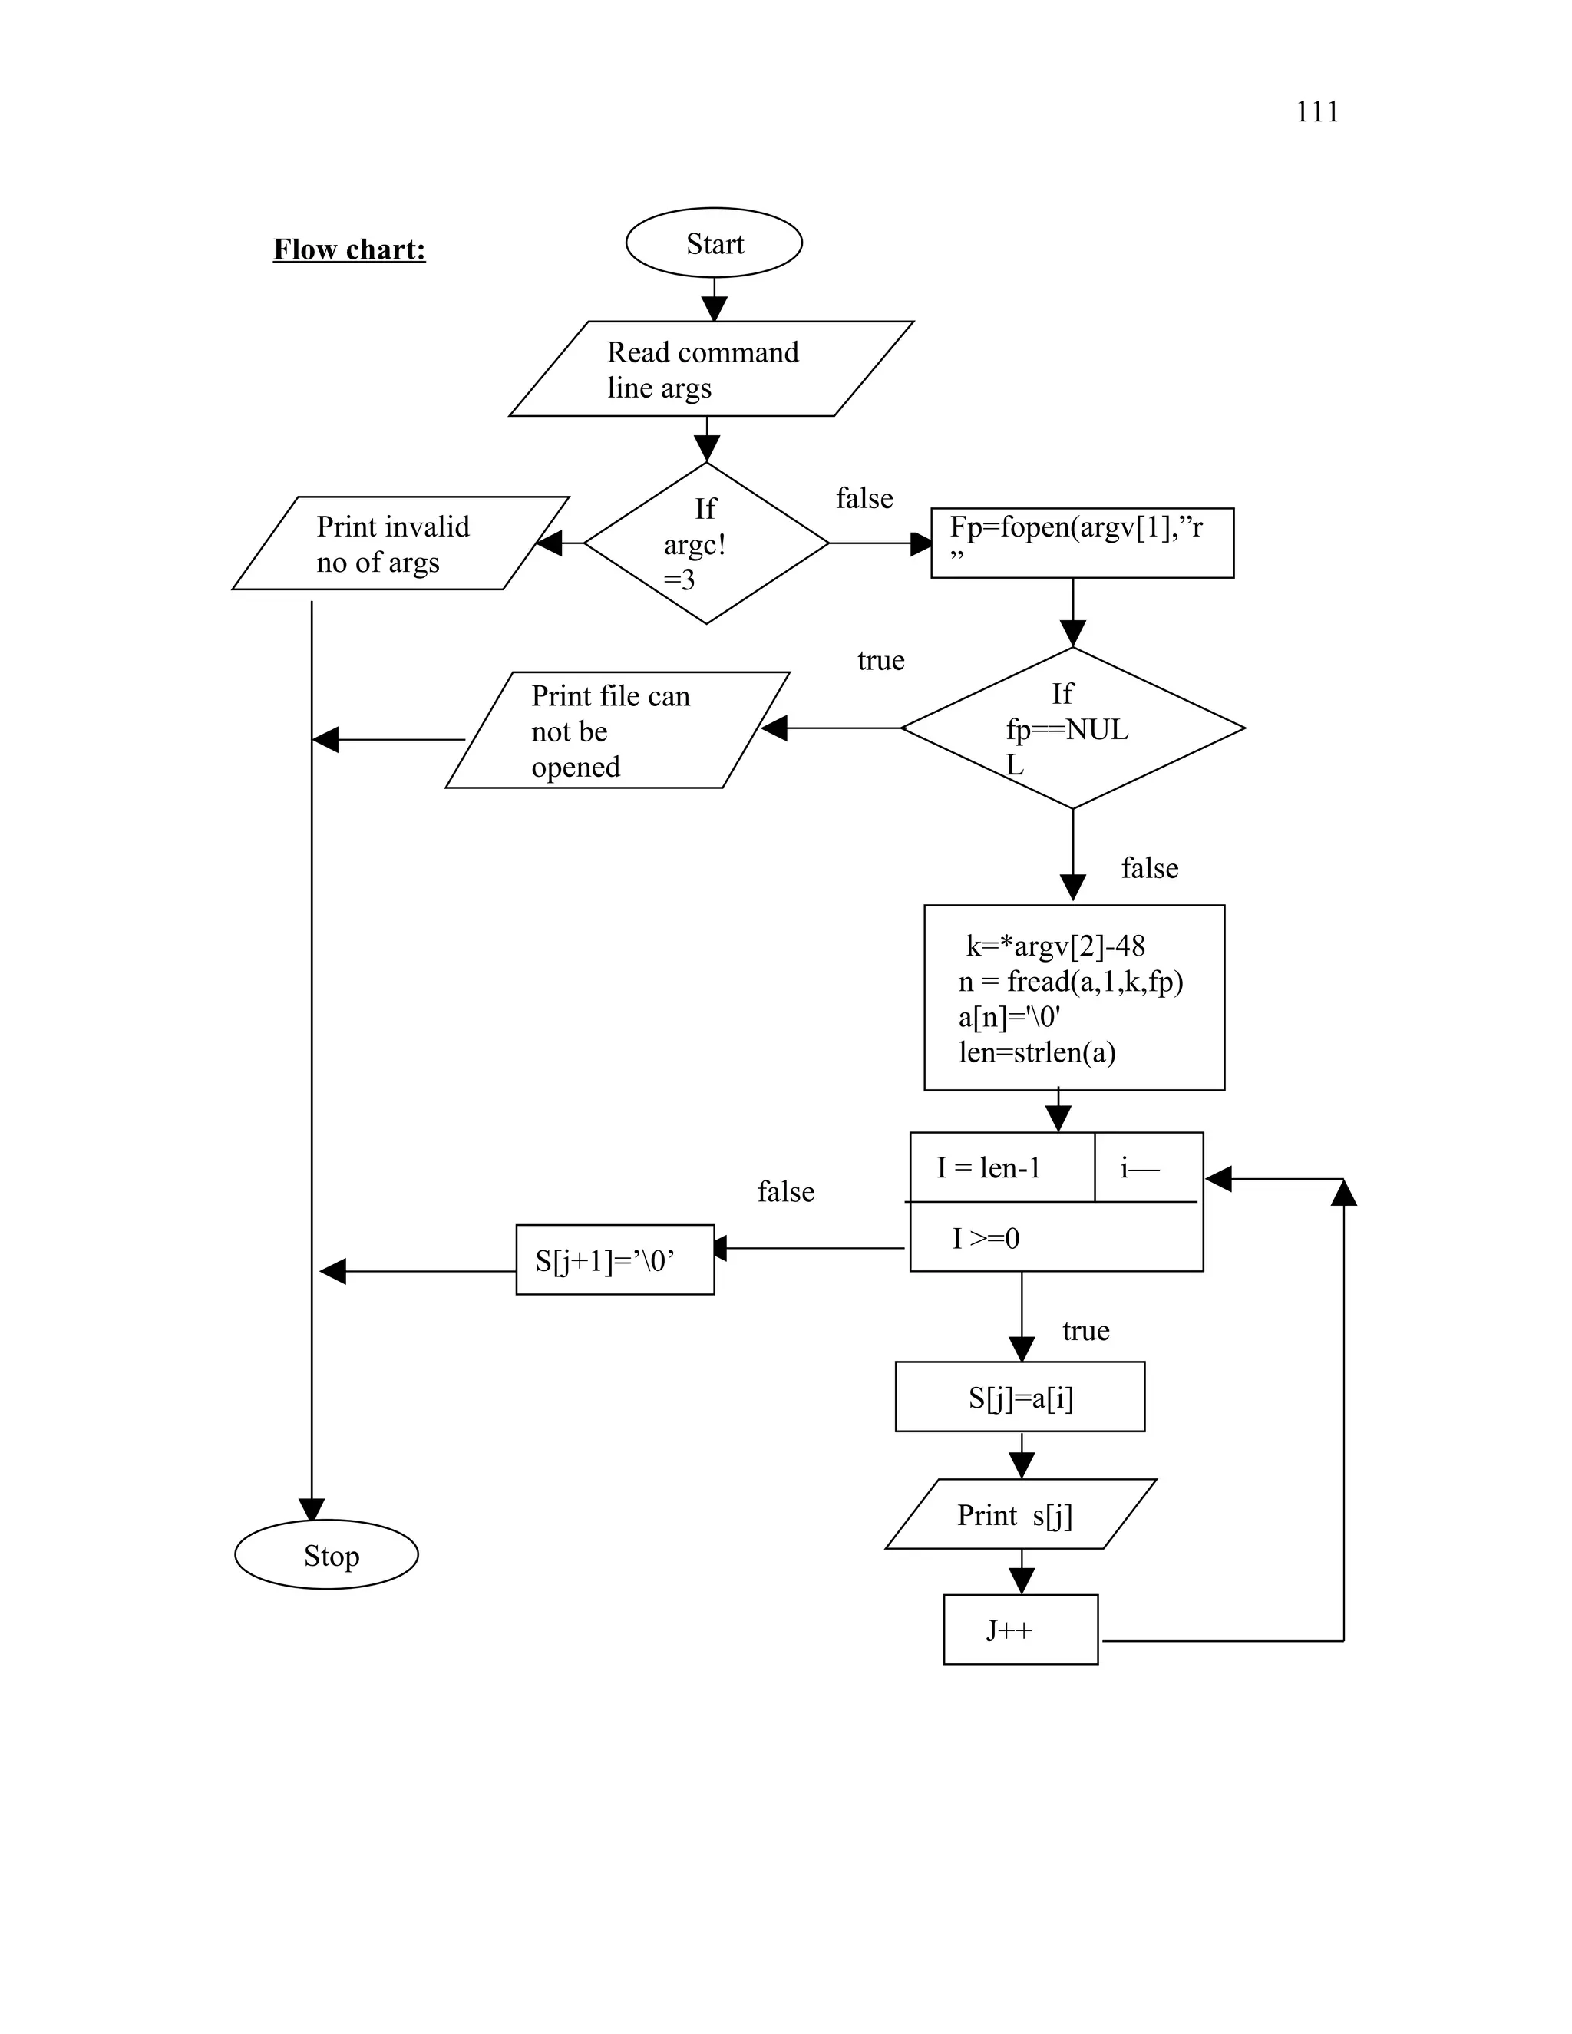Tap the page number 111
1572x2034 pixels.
1317,112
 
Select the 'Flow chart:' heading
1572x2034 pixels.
349,249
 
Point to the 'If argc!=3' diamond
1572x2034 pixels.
706,543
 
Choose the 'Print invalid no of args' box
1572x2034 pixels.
401,544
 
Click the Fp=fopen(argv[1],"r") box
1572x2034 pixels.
1082,543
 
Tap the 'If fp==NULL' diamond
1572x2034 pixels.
1073,728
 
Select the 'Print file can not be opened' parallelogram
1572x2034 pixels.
616,731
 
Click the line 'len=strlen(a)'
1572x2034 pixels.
1036,1052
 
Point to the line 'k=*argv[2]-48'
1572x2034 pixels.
1055,946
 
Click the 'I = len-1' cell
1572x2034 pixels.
989,1168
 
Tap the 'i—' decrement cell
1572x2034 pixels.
1140,1168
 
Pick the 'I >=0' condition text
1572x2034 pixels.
986,1239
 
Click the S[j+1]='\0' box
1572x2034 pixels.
615,1260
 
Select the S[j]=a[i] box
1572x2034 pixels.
1020,1397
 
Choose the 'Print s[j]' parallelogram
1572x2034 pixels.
1020,1515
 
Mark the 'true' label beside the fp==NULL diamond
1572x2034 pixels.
880,660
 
